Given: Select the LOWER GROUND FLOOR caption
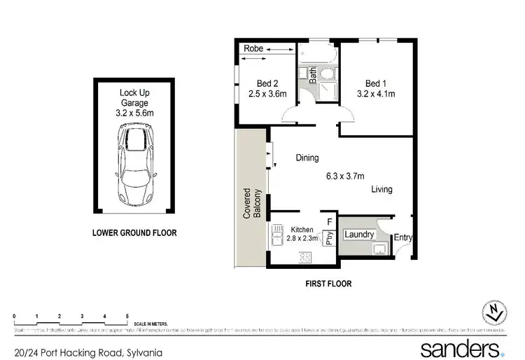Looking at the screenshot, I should (134, 233).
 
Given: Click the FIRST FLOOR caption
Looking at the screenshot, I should (328, 284).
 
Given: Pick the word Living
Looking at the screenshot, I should (381, 189).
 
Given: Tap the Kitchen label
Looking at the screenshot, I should (302, 230).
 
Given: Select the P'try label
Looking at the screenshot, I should (329, 239).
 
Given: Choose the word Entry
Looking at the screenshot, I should (403, 238).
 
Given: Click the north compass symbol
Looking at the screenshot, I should (495, 312).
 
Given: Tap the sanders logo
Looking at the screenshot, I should (460, 348).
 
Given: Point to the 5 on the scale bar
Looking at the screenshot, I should (127, 317).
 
